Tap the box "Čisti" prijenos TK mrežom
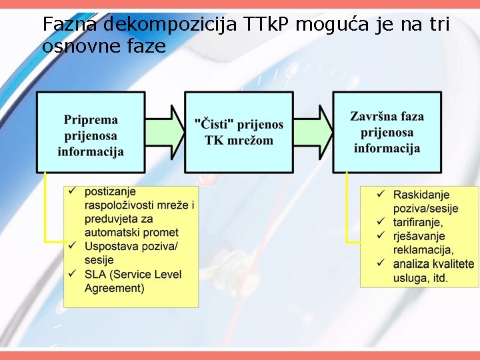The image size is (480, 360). [239, 132]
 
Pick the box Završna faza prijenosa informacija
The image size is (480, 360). [387, 132]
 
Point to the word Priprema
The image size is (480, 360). [91, 121]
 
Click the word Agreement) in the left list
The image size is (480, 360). [114, 288]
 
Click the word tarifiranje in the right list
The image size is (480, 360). [417, 222]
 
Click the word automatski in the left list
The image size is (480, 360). [112, 233]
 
